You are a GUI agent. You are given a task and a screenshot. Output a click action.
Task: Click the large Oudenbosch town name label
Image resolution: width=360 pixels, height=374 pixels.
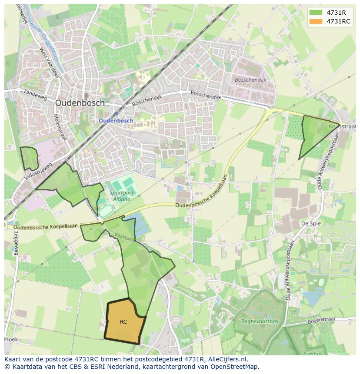click(80, 103)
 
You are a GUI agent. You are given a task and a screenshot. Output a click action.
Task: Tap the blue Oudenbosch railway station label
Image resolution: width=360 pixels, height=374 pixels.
click(116, 120)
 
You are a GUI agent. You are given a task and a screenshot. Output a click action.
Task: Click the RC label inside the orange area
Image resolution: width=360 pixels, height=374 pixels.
click(123, 322)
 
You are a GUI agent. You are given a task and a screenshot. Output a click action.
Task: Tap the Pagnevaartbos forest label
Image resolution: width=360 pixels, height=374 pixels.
click(260, 322)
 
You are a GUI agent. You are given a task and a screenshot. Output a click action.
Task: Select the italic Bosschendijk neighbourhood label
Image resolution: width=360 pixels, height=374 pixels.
click(250, 80)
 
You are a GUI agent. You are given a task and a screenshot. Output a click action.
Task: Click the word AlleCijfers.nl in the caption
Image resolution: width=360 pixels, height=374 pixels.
click(227, 359)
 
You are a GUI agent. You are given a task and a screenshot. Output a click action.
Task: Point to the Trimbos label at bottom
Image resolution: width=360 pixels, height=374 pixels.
click(313, 354)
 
